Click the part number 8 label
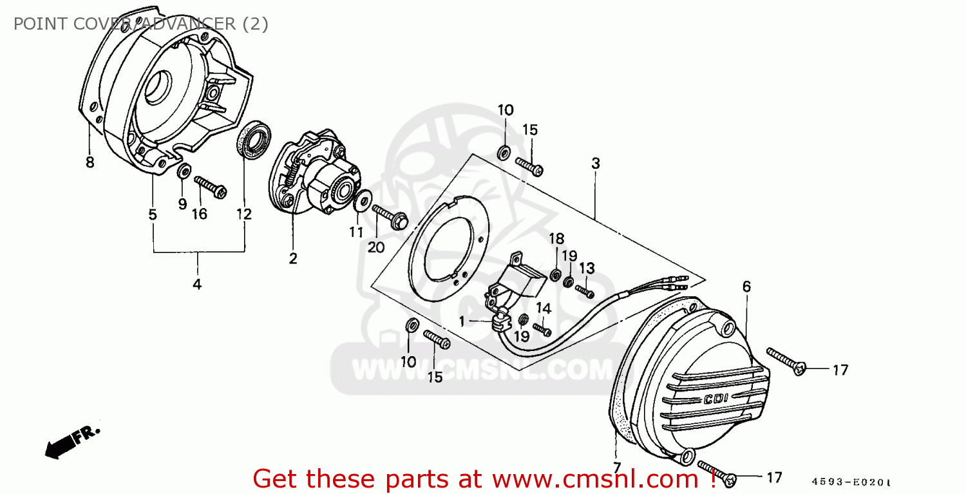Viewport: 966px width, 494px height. (90, 162)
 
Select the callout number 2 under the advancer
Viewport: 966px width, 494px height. (293, 258)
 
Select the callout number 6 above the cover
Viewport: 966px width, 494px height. (746, 287)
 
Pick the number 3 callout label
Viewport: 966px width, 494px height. (596, 164)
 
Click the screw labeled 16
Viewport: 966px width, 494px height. (210, 187)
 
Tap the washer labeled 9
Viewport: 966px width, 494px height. (184, 171)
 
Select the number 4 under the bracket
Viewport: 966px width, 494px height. (197, 283)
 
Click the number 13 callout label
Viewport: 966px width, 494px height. (587, 268)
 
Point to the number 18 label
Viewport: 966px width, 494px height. (556, 239)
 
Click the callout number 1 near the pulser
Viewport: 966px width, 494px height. (462, 320)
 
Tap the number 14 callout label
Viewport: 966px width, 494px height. (544, 308)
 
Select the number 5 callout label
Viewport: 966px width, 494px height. (153, 214)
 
